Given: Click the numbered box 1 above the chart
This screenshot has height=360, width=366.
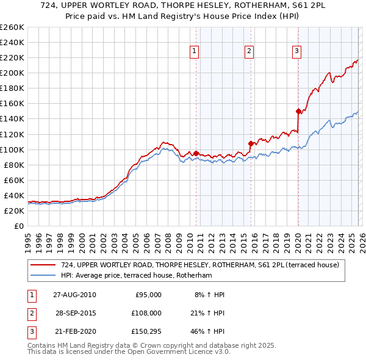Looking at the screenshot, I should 194,51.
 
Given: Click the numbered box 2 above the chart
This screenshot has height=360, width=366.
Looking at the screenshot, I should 249,51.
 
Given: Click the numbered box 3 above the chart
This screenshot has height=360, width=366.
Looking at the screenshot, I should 297,51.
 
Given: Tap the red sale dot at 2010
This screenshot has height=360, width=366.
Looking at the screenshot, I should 196,153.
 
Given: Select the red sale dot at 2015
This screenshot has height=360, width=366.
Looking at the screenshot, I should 251,143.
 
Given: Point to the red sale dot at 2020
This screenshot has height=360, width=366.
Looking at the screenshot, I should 298,111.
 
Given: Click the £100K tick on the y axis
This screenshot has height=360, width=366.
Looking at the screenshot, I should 12,149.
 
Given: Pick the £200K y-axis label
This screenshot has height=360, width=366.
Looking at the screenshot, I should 12,73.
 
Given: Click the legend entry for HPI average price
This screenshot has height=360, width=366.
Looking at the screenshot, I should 135,275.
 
